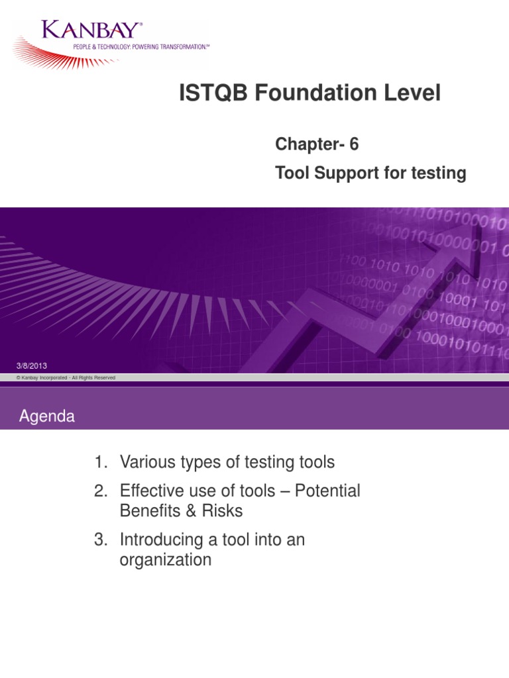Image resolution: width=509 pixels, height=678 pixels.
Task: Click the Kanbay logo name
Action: [x=91, y=30]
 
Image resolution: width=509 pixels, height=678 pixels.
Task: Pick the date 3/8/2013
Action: [x=31, y=366]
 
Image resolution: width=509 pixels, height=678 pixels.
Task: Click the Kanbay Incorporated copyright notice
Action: [x=66, y=377]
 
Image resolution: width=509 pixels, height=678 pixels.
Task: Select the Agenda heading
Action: [x=46, y=416]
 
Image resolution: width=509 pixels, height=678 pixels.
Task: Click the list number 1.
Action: [x=100, y=461]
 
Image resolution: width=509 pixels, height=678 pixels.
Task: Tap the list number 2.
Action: [x=100, y=491]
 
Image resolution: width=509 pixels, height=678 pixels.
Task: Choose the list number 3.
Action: [x=100, y=540]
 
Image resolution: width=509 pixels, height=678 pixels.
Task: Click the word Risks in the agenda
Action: [x=223, y=511]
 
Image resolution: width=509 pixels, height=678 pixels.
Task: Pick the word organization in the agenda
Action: [x=165, y=560]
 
